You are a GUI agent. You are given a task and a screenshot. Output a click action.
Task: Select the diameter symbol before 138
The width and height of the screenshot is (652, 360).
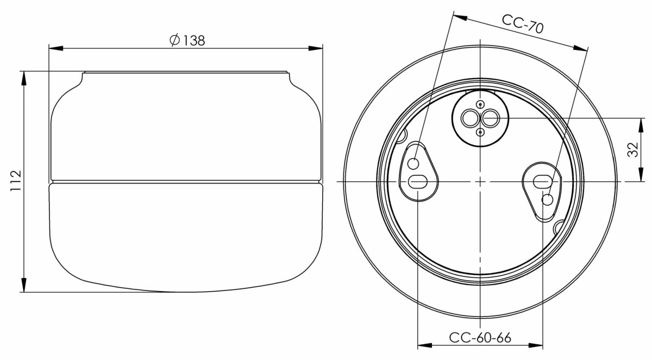point(174,41)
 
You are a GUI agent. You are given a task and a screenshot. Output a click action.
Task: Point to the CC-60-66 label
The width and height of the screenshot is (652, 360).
point(480,337)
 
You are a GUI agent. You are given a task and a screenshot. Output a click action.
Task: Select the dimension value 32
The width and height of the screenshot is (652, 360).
point(632,150)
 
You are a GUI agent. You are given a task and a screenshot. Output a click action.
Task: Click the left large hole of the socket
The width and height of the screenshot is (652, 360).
point(468,117)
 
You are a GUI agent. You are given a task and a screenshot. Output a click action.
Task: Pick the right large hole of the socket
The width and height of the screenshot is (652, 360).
point(490,117)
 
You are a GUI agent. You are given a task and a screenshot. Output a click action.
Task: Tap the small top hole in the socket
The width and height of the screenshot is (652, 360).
point(479,104)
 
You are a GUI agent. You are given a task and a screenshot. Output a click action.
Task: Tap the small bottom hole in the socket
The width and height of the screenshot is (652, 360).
point(479,131)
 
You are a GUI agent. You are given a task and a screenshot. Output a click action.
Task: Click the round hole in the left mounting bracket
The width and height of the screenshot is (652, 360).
point(413,163)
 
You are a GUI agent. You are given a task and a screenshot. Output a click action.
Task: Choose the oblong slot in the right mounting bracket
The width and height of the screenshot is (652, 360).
point(543,181)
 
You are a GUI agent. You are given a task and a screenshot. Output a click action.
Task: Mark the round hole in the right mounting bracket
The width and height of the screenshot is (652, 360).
point(547,199)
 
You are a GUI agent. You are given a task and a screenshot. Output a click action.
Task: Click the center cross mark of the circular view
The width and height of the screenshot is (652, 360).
point(480,181)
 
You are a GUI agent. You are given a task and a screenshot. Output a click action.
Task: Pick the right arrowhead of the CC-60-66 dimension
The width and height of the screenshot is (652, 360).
point(539,345)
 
